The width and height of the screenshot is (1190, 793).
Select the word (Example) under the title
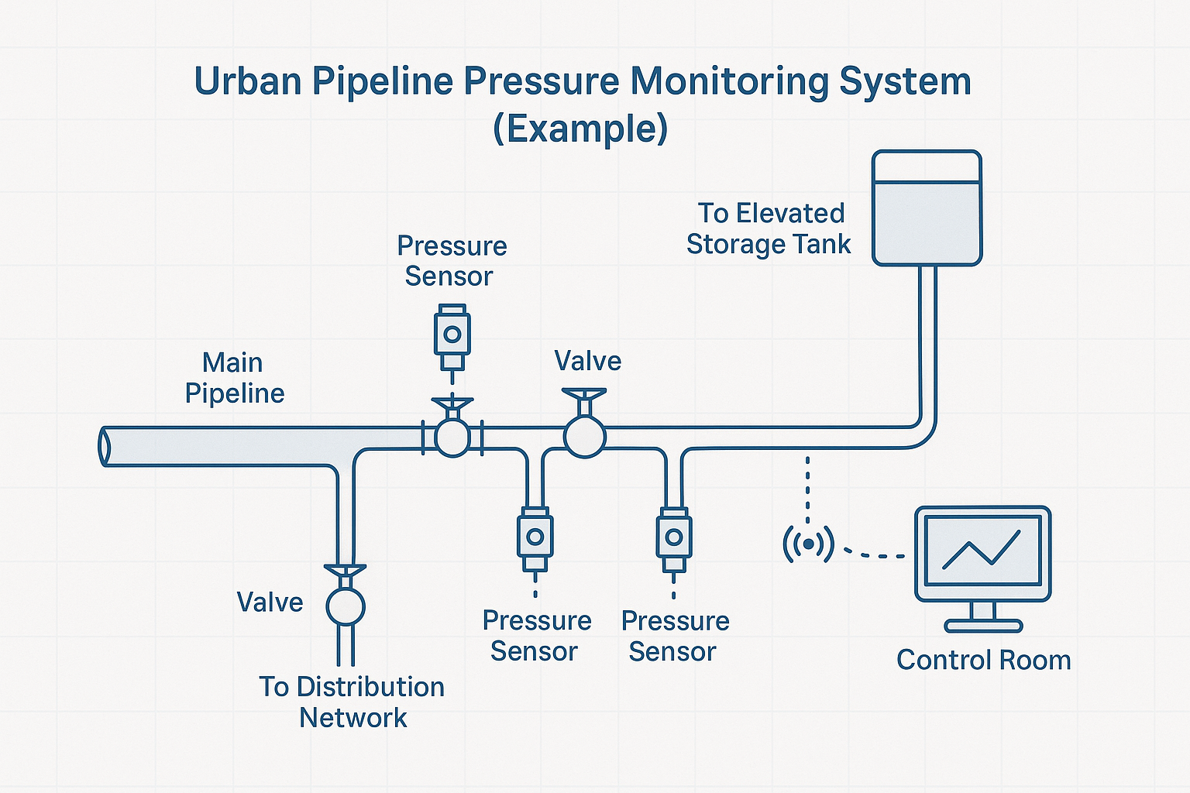point(580,129)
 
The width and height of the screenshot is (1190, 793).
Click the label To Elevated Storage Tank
point(769,228)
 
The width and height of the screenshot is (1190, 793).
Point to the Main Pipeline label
point(234,378)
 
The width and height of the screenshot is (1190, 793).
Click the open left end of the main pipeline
point(104,447)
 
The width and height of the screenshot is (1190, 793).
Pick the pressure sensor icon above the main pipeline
point(452,338)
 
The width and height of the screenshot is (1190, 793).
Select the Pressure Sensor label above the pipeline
point(452,261)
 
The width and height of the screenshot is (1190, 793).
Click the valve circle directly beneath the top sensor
point(452,437)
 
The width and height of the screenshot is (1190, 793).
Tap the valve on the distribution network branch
point(345,606)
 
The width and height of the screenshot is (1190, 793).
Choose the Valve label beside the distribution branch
point(270,602)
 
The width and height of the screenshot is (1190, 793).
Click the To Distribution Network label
point(353,702)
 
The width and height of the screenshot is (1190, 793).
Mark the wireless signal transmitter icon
point(808,544)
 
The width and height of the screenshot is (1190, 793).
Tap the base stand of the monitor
point(983,625)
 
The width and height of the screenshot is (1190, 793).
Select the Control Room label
point(983,661)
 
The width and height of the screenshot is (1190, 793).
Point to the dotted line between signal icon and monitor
point(874,554)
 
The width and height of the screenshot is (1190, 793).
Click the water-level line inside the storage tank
point(927,183)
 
